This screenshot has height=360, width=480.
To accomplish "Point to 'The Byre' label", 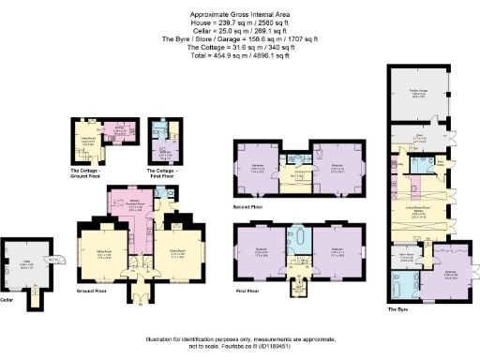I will click(398, 307).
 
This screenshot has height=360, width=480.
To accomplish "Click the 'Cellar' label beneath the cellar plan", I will click(10, 300).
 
